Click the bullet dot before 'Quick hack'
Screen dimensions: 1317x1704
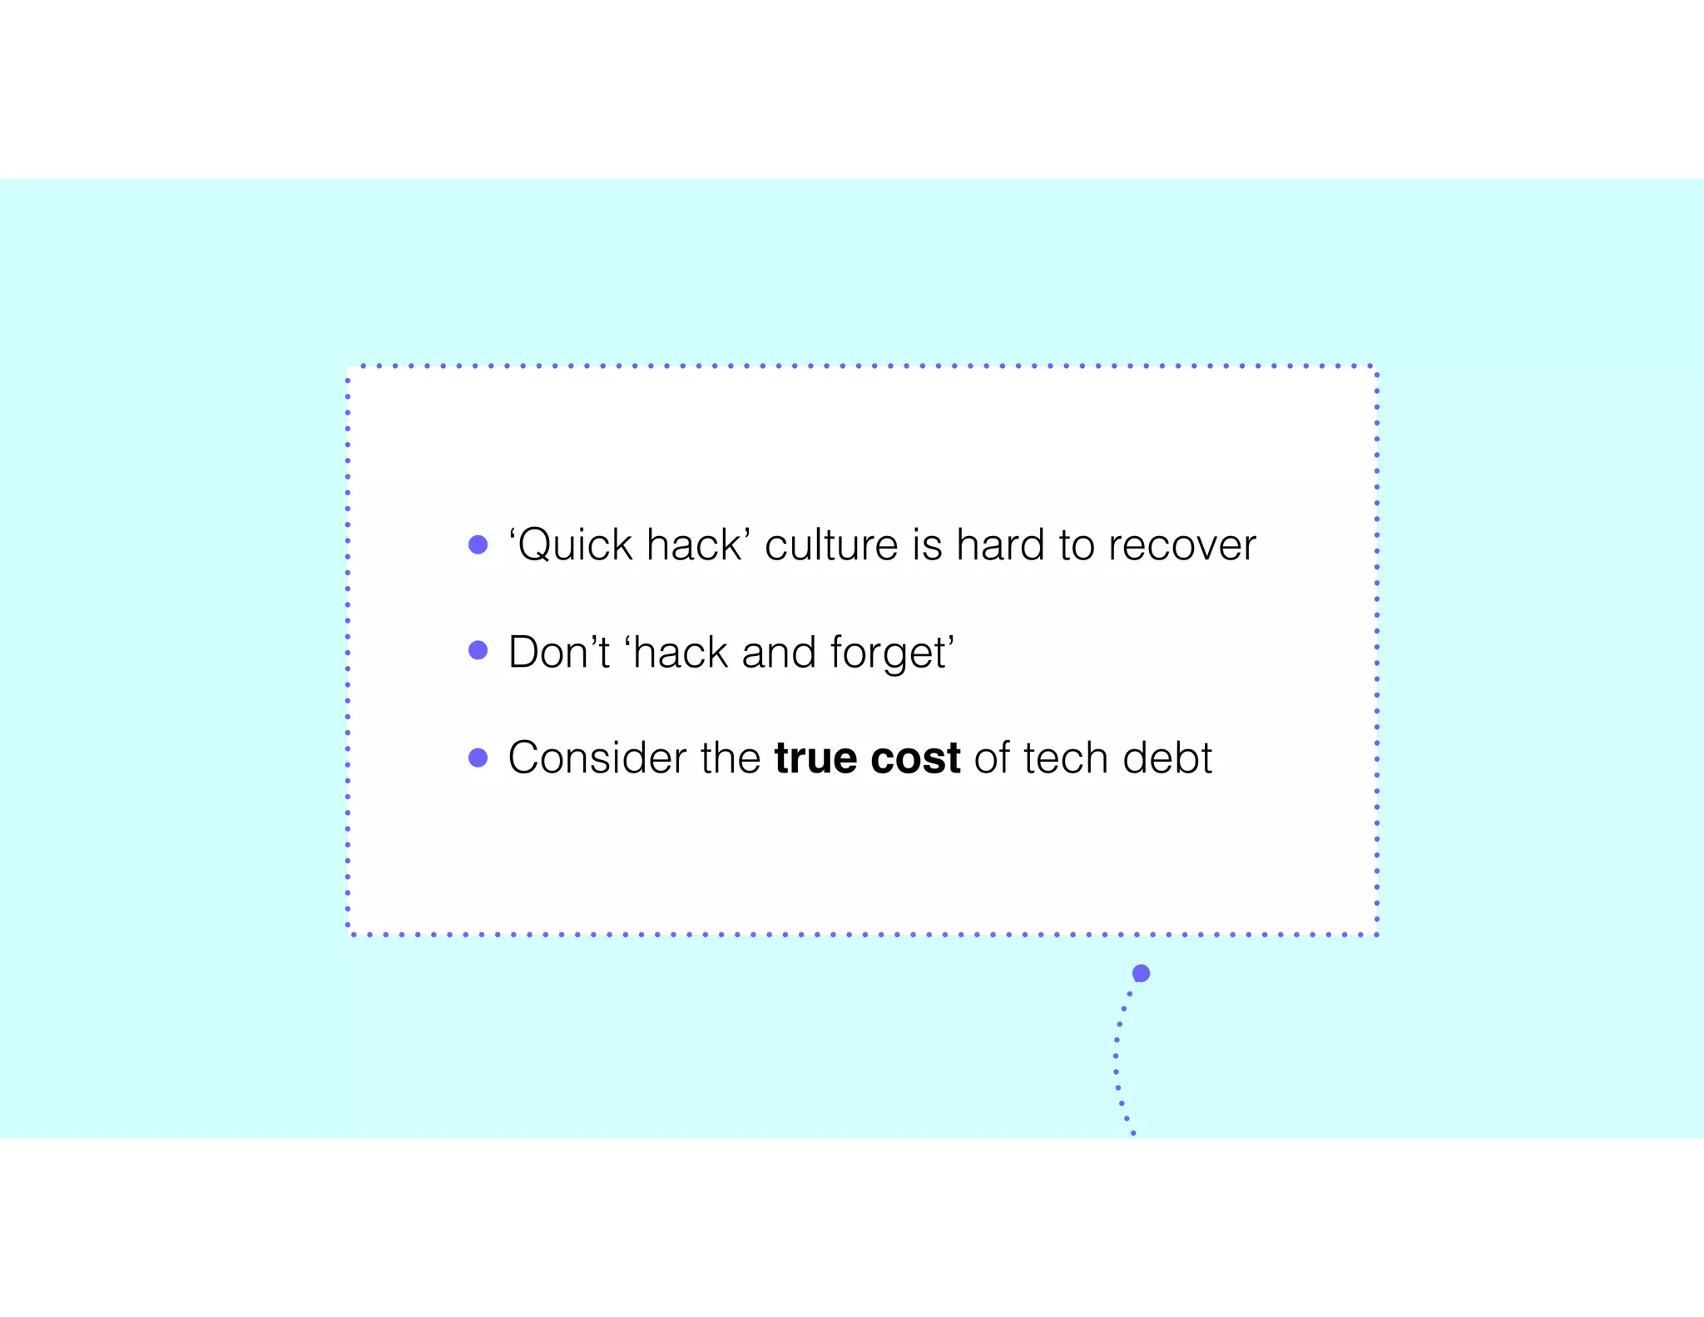click(x=478, y=544)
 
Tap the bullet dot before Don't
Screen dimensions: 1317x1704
click(x=478, y=650)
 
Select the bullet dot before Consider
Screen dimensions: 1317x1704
click(x=478, y=758)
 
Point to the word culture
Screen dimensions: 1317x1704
click(x=832, y=546)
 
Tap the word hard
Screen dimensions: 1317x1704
click(x=1000, y=546)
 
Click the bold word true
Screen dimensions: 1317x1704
click(x=815, y=758)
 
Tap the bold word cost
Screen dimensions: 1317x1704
click(x=915, y=758)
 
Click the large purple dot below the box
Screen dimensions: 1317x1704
click(x=1141, y=973)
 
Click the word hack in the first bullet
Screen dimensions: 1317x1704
click(x=692, y=546)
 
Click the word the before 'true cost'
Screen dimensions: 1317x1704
click(x=730, y=758)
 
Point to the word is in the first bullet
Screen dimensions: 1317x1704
click(x=927, y=546)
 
